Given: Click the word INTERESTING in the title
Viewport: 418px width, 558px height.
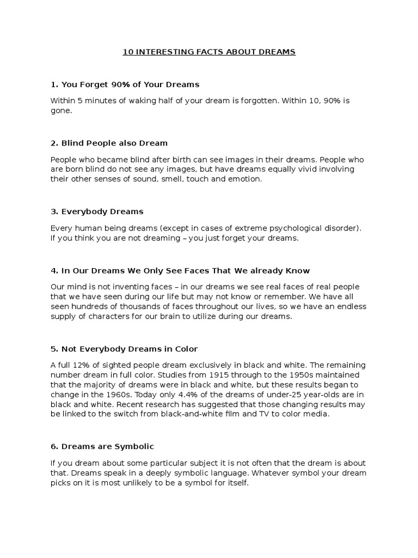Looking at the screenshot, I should click(x=163, y=52).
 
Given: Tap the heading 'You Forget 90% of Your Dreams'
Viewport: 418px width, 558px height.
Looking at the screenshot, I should click(x=125, y=84).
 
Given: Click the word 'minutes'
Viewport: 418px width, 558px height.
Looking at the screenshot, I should click(x=102, y=101).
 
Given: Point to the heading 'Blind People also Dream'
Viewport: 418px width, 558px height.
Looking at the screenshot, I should click(x=109, y=143).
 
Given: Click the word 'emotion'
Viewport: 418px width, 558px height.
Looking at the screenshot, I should click(x=245, y=178).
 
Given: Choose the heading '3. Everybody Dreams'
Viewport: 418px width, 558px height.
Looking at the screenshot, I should click(x=97, y=211).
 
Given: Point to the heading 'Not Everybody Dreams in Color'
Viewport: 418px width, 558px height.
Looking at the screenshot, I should click(x=124, y=349).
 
